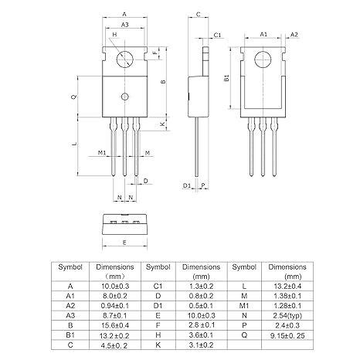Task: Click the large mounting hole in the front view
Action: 125,59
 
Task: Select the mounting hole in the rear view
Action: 263,59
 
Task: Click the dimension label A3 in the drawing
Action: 125,25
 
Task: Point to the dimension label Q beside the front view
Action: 73,97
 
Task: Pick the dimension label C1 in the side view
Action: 218,36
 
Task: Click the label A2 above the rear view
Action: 294,35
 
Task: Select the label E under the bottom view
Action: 125,242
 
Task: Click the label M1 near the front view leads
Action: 101,153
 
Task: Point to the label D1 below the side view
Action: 187,186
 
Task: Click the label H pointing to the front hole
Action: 114,35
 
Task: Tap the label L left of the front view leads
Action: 73,144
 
